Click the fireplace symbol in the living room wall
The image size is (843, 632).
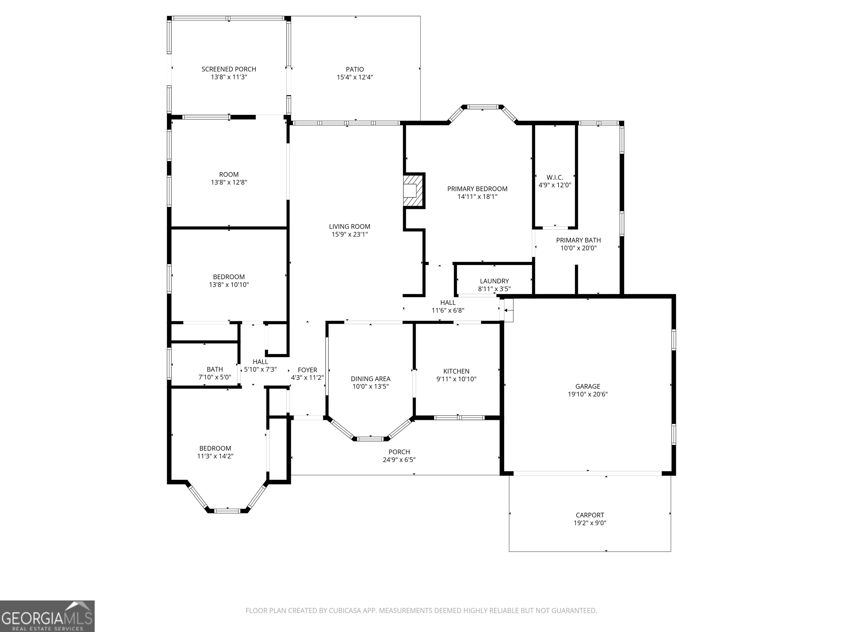[414, 190]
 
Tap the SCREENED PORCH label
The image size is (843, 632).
[229, 69]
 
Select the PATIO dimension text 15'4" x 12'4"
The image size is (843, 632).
[355, 77]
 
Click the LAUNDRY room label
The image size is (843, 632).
[494, 281]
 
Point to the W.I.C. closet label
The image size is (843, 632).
[555, 177]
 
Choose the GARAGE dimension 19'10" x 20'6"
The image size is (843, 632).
[587, 394]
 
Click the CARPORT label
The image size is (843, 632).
[589, 515]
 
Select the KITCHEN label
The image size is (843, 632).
[456, 371]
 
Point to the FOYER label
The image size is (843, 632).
[307, 370]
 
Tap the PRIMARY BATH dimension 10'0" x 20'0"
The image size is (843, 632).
[578, 248]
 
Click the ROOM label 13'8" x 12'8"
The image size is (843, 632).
[229, 174]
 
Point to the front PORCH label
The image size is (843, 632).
[399, 452]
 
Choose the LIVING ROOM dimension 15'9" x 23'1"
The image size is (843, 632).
[350, 235]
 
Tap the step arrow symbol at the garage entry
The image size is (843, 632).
[508, 311]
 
